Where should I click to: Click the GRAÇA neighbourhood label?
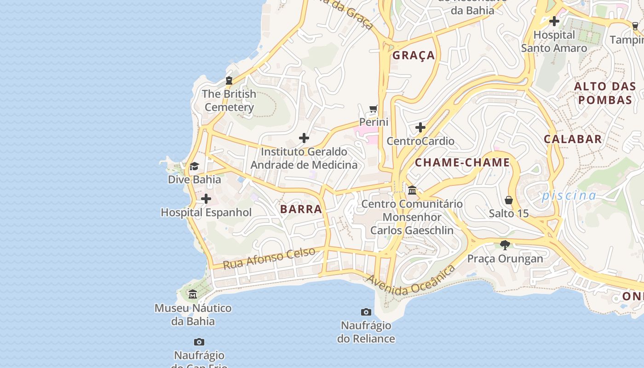click(x=414, y=55)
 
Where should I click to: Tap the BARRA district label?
click(x=301, y=209)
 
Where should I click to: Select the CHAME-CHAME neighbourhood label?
click(x=462, y=162)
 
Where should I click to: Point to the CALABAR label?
click(x=573, y=139)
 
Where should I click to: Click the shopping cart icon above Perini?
click(x=374, y=109)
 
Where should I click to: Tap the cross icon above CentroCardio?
click(x=420, y=127)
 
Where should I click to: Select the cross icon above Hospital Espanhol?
click(x=206, y=199)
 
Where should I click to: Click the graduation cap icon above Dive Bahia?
click(x=195, y=166)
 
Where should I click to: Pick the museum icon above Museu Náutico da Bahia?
click(x=193, y=294)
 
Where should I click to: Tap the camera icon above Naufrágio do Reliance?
click(x=366, y=312)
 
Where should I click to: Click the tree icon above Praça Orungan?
click(x=505, y=245)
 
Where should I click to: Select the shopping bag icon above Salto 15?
click(x=509, y=200)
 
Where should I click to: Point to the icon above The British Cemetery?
click(x=229, y=80)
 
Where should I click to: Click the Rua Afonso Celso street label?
click(x=269, y=258)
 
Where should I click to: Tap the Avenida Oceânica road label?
click(x=410, y=280)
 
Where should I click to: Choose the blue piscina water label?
click(x=569, y=195)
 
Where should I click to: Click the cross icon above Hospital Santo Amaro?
click(x=554, y=21)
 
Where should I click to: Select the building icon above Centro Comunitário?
click(x=412, y=190)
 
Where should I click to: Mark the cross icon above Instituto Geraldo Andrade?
click(x=304, y=138)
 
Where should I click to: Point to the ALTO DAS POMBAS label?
click(x=605, y=93)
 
